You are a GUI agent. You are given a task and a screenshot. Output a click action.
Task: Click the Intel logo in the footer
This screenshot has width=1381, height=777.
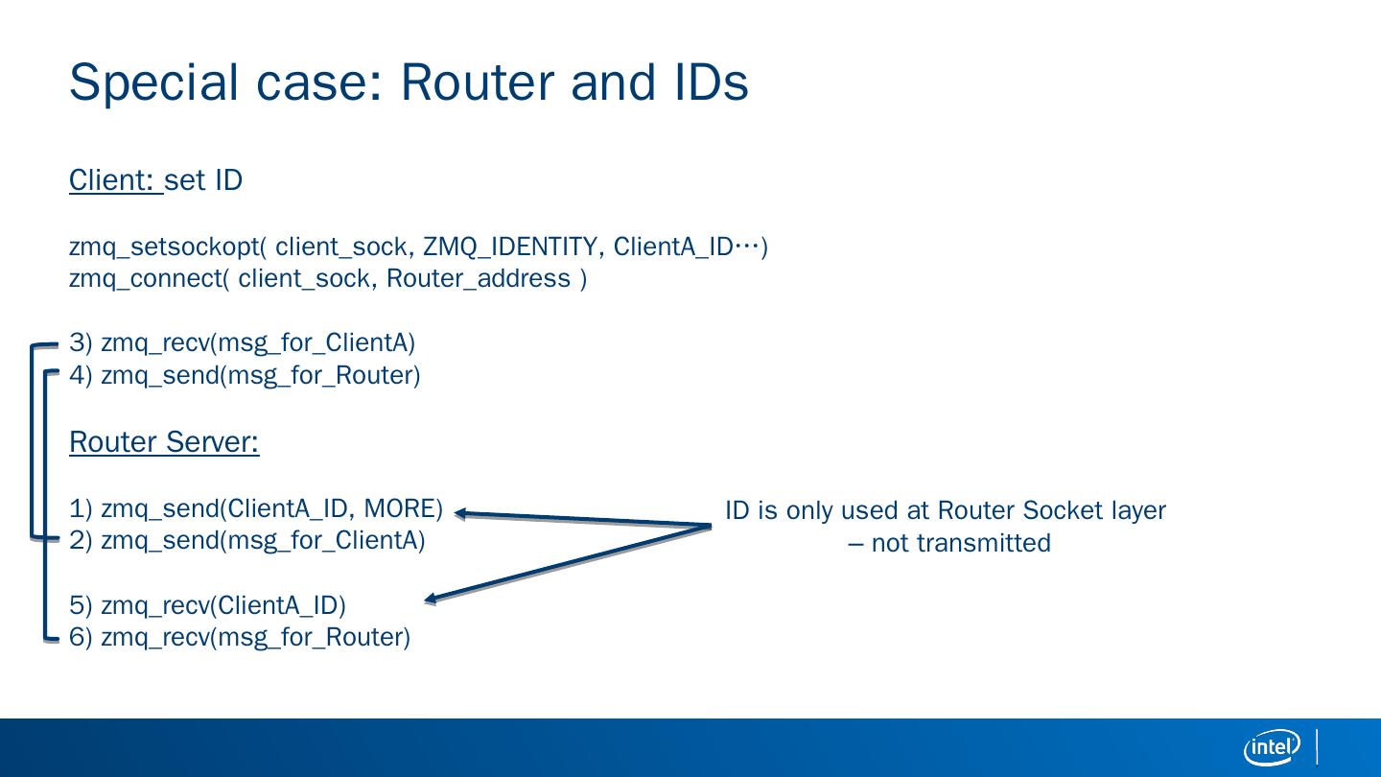(x=1272, y=747)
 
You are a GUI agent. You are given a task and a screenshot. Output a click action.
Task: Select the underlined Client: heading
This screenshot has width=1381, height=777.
(x=114, y=180)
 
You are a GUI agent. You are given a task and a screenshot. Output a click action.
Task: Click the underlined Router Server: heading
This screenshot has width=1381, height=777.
(x=164, y=442)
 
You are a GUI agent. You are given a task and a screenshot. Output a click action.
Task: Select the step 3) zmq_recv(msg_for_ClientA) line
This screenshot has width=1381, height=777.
(x=243, y=343)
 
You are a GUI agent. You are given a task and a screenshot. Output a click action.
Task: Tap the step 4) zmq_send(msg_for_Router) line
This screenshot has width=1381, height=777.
(x=245, y=375)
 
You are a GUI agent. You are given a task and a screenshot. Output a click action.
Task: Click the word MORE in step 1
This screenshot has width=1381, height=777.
(x=403, y=507)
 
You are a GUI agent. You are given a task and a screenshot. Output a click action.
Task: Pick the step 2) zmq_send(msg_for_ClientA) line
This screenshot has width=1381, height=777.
(x=247, y=540)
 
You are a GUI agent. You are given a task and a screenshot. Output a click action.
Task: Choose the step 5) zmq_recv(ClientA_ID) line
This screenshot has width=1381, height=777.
(x=207, y=606)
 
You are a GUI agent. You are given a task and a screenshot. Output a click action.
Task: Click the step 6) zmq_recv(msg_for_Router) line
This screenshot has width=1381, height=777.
(x=240, y=638)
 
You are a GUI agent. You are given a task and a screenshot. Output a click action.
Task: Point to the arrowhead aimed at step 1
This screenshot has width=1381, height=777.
(x=461, y=514)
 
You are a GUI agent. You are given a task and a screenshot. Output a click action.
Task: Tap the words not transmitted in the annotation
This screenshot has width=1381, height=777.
(x=961, y=543)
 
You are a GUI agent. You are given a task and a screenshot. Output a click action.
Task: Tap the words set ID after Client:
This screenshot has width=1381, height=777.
(x=203, y=180)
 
